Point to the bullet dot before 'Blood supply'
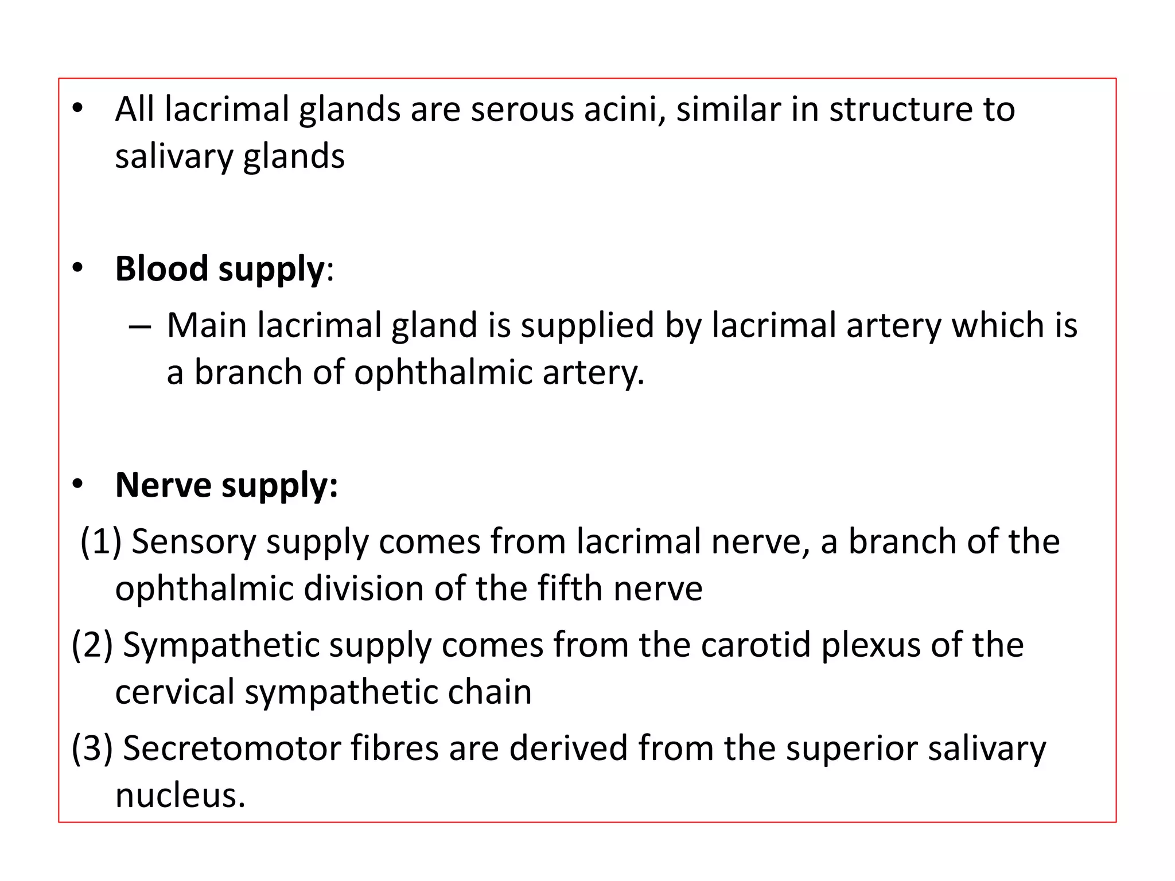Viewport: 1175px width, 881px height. click(x=78, y=268)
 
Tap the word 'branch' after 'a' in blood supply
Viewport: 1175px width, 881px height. click(x=248, y=372)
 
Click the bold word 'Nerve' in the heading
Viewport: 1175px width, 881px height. click(x=163, y=485)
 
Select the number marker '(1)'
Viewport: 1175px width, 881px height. click(x=100, y=541)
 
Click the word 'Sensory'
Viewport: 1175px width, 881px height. click(x=193, y=541)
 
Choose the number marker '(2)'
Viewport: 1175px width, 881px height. click(x=92, y=645)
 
